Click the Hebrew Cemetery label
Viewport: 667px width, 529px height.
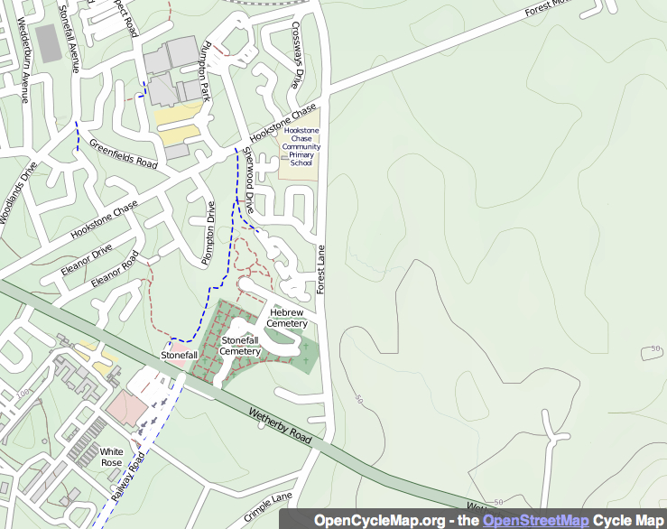click(288, 318)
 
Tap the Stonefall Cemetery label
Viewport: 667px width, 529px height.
click(240, 346)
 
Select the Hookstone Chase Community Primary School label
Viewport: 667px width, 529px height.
click(301, 146)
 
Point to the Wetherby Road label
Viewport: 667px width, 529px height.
click(280, 424)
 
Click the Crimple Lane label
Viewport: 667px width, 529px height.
click(268, 508)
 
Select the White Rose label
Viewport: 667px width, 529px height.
click(111, 457)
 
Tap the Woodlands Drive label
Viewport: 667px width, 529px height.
click(18, 192)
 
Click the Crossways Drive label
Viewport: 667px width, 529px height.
click(295, 54)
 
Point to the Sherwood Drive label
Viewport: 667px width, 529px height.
click(245, 179)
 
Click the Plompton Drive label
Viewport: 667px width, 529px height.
click(209, 232)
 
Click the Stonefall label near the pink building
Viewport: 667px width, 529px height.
click(179, 356)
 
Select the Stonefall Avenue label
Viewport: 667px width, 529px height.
click(69, 34)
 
